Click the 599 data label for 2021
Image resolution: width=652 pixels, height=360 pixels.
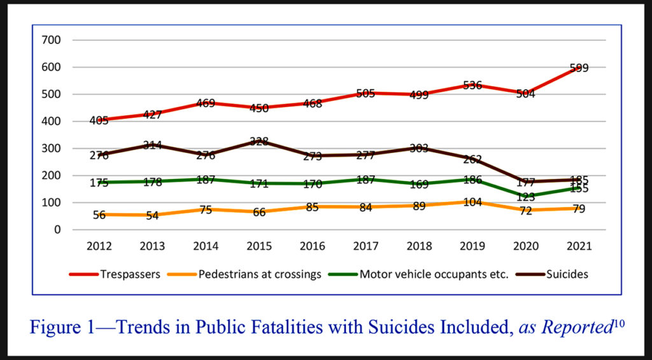coord(579,68)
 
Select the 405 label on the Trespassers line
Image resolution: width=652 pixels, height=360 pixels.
coord(99,119)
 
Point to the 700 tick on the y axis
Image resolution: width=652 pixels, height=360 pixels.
coord(52,40)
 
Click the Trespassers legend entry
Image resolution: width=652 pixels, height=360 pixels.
coord(118,275)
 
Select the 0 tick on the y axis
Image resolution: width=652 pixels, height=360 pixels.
coord(57,229)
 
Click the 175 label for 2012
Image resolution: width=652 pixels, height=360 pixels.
coord(99,183)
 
